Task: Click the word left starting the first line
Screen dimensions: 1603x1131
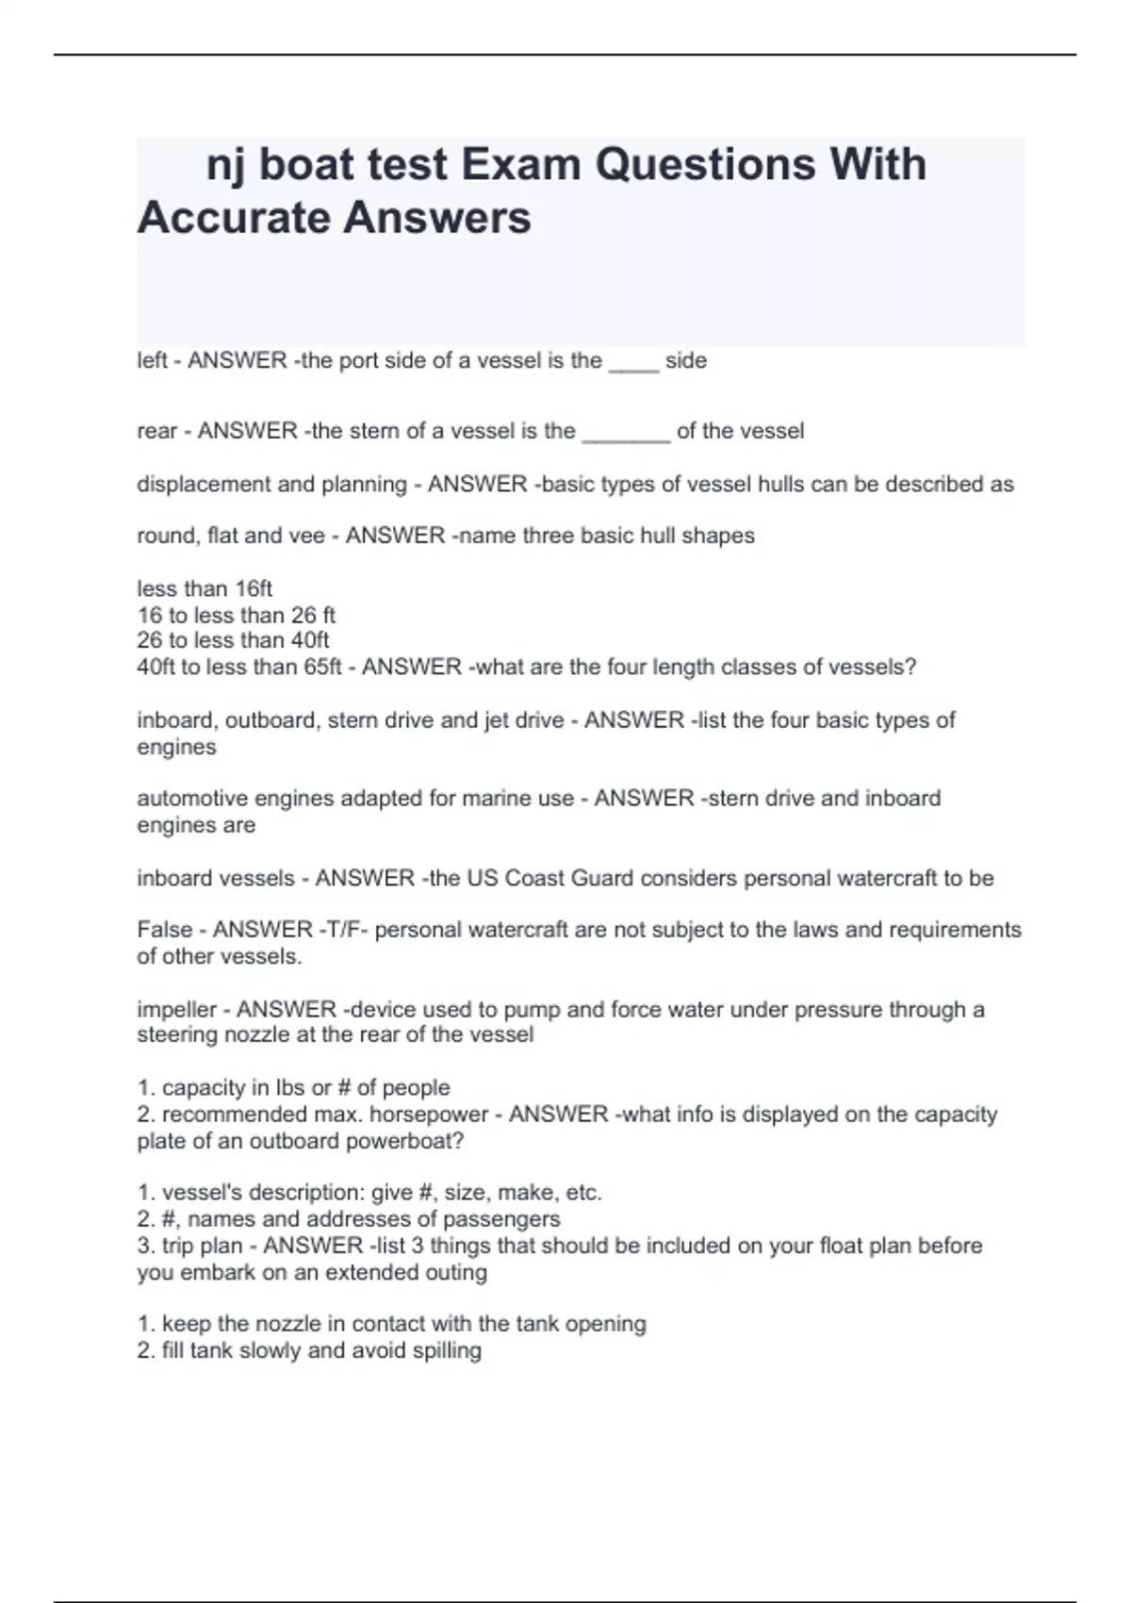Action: click(151, 360)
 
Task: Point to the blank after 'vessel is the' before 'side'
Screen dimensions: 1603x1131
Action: click(633, 362)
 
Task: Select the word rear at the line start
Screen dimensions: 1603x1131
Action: click(156, 431)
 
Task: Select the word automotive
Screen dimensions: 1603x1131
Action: click(194, 799)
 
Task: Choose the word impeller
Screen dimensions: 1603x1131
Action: click(177, 1009)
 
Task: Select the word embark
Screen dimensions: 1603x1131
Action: click(218, 1272)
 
